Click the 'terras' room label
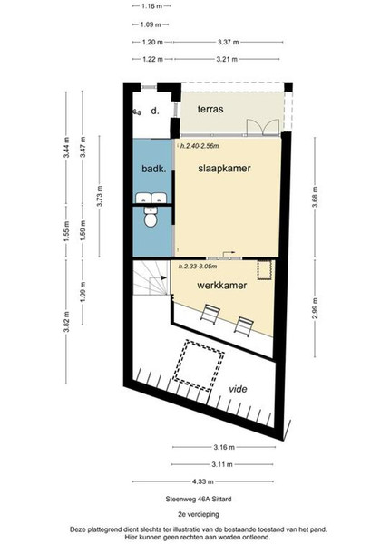(x=210, y=110)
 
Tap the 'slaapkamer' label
(x=225, y=169)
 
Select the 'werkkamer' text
(x=222, y=286)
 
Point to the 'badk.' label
(x=153, y=169)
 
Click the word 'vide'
(x=238, y=389)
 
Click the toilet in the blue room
(x=151, y=218)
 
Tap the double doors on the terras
(x=263, y=127)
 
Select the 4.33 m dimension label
(x=203, y=481)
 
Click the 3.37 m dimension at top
(x=229, y=42)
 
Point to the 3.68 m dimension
(x=315, y=197)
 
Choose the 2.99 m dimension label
(x=315, y=308)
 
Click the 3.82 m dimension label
(x=66, y=322)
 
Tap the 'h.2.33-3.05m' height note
(x=198, y=267)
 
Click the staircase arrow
(x=158, y=277)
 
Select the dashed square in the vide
(x=199, y=365)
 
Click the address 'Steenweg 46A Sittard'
(x=199, y=500)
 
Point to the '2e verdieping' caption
(x=199, y=514)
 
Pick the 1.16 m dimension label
(x=152, y=6)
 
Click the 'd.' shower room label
(x=155, y=111)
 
